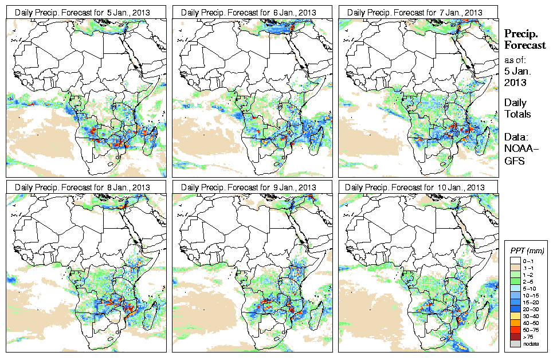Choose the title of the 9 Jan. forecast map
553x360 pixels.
tap(252, 187)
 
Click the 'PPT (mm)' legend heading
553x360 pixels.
tap(527, 251)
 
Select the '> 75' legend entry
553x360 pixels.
tap(527, 336)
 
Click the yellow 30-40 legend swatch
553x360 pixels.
tap(516, 315)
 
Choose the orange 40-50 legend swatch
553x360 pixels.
tap(516, 322)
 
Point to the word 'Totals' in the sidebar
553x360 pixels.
tap(517, 114)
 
